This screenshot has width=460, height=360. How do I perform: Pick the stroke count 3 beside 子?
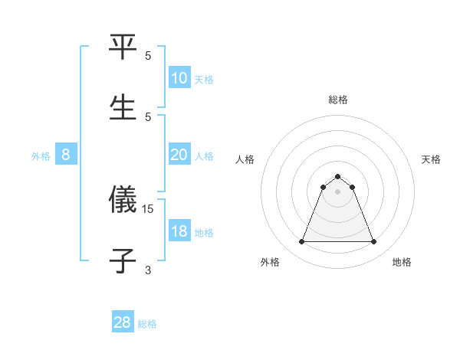coord(148,269)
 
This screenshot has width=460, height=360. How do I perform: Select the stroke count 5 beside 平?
coord(148,56)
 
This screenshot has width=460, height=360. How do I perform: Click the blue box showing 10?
coord(179,78)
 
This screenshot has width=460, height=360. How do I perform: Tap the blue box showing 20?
coord(179,155)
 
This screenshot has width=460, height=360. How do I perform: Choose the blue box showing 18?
coord(179,231)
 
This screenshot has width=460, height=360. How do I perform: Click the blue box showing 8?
coord(66,155)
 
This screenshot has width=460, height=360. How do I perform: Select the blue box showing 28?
coord(123,322)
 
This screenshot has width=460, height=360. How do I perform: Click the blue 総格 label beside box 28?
coord(147,324)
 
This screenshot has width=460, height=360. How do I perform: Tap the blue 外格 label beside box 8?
coord(41,156)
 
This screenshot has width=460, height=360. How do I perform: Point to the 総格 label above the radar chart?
coord(338,100)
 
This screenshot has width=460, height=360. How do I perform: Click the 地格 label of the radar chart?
coord(402,262)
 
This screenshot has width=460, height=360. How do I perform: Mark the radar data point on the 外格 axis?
coord(301,242)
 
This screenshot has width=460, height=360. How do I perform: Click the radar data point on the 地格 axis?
coord(374,242)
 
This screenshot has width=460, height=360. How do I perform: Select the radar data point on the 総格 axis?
coord(338,176)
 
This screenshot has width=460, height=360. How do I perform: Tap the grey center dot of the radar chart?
coord(338,191)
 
